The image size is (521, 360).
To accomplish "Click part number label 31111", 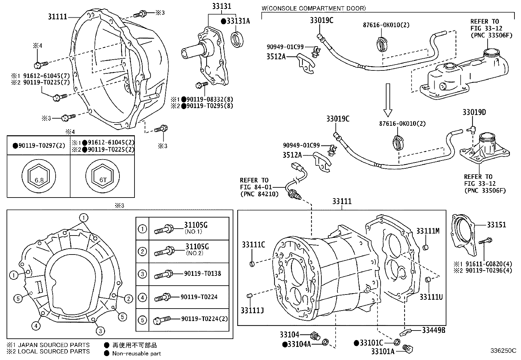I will (58, 16).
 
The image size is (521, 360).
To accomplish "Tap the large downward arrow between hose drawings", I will (387, 100).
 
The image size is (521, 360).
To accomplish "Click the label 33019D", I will (474, 112).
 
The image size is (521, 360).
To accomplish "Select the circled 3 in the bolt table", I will (142, 274).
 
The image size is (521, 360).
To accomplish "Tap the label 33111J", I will (252, 310).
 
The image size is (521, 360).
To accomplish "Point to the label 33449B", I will (433, 330).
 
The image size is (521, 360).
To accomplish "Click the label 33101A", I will (383, 351).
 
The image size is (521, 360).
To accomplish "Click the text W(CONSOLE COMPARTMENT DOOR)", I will (314, 8).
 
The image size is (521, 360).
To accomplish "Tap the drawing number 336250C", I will (503, 351).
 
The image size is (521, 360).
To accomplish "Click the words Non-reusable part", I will (136, 353).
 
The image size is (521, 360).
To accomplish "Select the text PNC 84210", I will (259, 194).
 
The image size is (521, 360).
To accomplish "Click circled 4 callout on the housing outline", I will (36, 326).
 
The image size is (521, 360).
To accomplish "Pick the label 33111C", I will (253, 244).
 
